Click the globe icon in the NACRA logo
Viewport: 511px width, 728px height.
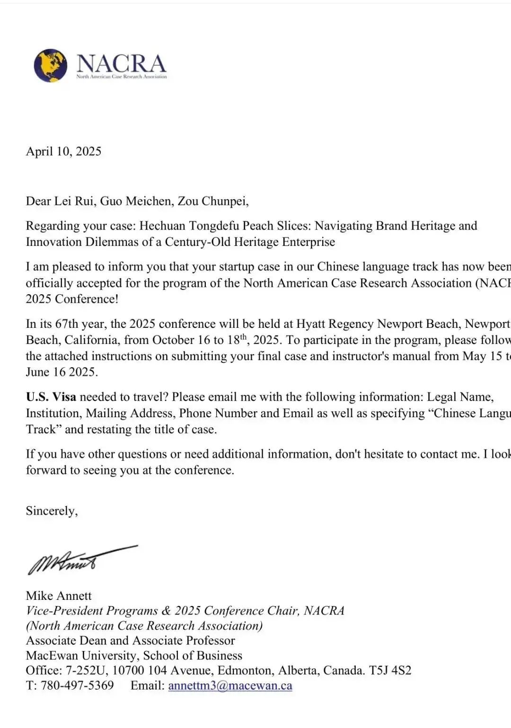pos(50,65)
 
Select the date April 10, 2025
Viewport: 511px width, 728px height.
pos(63,151)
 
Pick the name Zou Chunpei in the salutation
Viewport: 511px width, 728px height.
pos(212,201)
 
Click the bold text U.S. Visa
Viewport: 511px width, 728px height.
pos(51,397)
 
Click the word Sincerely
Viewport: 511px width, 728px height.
pos(52,511)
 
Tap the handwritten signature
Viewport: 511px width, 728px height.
pos(71,561)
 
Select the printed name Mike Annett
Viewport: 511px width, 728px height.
pos(59,596)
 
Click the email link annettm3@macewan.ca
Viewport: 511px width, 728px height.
pos(230,685)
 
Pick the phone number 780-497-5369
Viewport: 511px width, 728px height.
pos(77,685)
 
